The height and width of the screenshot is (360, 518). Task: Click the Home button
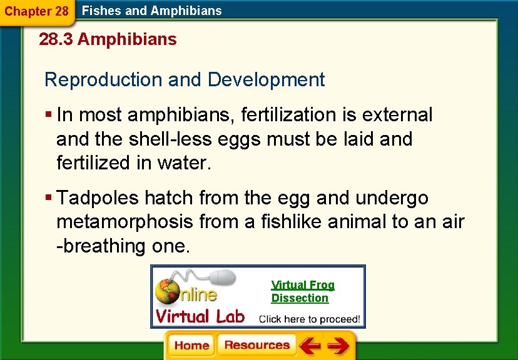[191, 346]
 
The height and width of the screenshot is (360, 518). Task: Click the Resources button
[256, 346]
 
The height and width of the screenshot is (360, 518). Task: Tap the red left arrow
[309, 346]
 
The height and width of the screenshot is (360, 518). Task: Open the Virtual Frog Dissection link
[302, 291]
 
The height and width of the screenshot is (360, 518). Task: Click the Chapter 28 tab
[36, 11]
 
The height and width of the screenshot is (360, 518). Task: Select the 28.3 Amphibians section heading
[108, 40]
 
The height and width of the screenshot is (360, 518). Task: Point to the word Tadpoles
[98, 198]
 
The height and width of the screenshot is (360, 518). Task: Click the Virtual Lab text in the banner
[200, 316]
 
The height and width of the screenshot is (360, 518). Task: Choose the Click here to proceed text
[309, 318]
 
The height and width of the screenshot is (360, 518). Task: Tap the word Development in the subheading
[266, 80]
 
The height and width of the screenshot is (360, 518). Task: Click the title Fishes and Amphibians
[152, 11]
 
